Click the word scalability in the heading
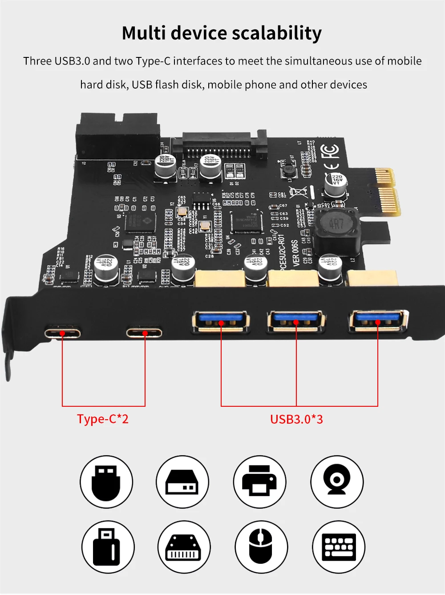pos(276,34)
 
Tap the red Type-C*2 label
pos(102,419)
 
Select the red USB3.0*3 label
pos(296,419)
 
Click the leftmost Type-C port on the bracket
pos(62,332)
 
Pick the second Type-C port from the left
pos(144,332)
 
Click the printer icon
pos(259,482)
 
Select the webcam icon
pos(337,482)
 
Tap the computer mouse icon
pos(261,547)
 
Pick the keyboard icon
pos(339,547)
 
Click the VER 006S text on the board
pos(296,253)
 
